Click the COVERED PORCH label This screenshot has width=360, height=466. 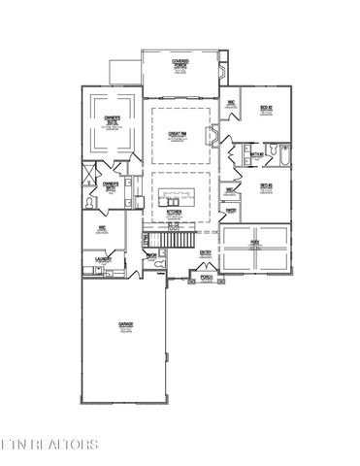pos(180,63)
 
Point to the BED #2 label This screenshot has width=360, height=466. pos(264,107)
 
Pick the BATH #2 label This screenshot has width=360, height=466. pos(256,154)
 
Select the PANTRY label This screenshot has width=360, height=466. pos(233,210)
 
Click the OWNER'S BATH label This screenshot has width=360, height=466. pos(111,183)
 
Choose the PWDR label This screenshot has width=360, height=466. pos(151,256)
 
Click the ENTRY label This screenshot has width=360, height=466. pos(206,252)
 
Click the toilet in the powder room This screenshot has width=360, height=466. pos(165,263)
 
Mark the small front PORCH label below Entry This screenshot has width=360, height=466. pos(206,277)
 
